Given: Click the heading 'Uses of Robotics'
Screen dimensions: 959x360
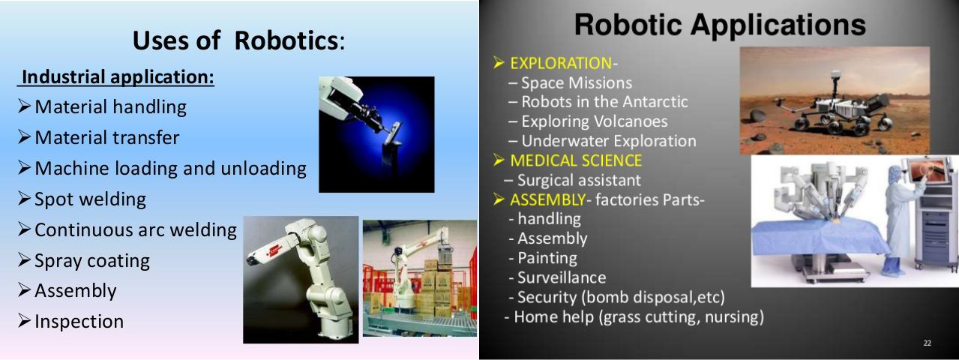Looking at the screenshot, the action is coord(239,40).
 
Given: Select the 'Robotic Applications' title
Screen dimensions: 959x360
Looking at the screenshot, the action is coord(720,25).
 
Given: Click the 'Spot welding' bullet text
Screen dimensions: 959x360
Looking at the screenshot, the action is coord(90,199).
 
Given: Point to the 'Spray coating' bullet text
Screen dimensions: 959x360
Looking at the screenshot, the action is coord(92,261).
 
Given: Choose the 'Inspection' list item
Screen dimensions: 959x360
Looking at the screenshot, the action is coord(79,322).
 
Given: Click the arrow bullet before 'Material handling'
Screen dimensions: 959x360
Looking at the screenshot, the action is coord(24,106).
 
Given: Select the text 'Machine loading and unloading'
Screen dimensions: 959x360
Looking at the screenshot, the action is coord(170,169).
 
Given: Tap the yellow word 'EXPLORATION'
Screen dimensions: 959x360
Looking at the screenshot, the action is coord(561,63).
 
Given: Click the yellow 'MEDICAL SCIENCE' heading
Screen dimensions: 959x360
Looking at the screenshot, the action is coord(576,160).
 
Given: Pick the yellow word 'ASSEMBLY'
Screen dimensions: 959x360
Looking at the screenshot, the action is coord(547,200).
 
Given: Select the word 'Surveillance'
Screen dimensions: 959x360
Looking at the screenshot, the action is coord(562,277).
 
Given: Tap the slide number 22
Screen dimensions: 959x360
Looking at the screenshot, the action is coord(928,343).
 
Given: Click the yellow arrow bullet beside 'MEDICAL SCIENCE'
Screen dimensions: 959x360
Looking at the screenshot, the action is coord(499,160).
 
